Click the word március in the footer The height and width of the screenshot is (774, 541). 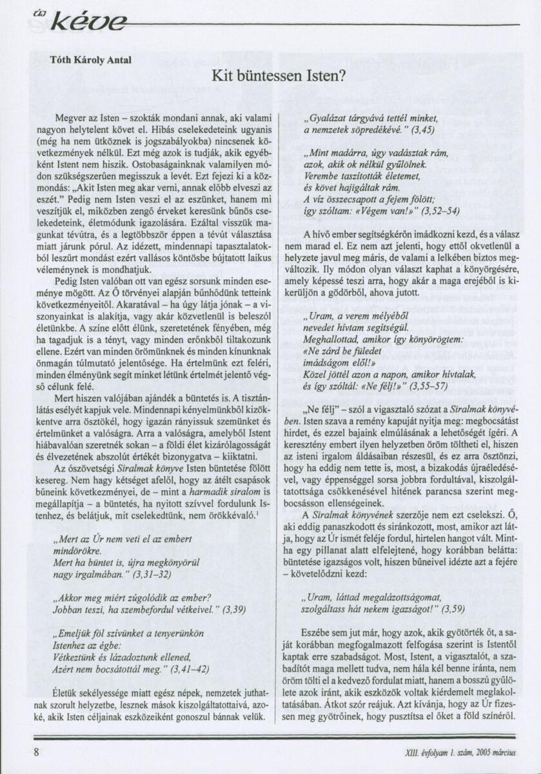507,753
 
